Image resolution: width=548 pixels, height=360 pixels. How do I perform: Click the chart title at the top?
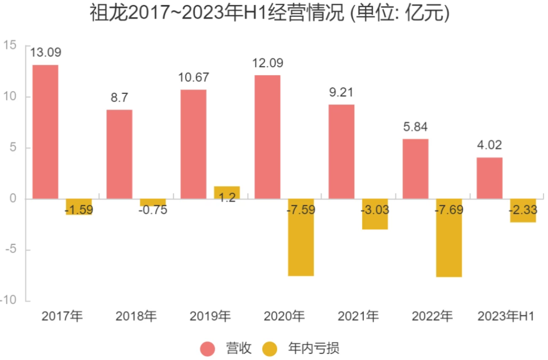[269, 13]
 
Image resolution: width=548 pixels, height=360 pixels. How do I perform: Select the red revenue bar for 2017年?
[45, 132]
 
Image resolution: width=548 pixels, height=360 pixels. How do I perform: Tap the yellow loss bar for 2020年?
[301, 238]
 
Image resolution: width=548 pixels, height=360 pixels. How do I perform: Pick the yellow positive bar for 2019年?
[227, 192]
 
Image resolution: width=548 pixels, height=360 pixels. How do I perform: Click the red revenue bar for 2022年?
[416, 169]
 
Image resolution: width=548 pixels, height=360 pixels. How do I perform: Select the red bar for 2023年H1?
[490, 178]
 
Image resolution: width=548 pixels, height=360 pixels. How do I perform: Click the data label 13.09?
[46, 53]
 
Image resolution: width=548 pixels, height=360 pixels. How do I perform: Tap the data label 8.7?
[119, 98]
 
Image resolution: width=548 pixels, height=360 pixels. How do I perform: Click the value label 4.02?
[490, 145]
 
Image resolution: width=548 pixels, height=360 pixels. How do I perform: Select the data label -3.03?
[375, 209]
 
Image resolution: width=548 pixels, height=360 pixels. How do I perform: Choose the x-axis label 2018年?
[136, 316]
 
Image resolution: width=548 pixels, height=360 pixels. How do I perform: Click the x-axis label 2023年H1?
[506, 316]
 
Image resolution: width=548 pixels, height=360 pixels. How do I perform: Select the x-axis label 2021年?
[358, 316]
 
